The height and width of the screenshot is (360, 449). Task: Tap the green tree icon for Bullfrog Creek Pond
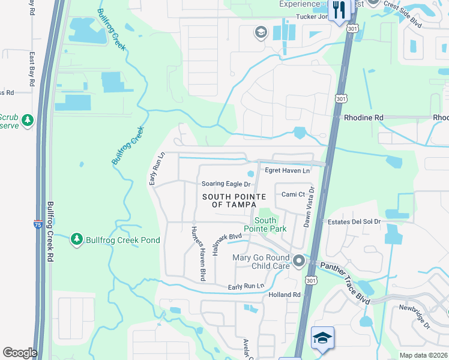click(77, 240)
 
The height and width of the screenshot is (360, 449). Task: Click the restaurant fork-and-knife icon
click(340, 10)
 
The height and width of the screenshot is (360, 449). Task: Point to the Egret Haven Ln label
click(288, 170)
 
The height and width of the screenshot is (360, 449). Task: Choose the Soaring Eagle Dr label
click(225, 184)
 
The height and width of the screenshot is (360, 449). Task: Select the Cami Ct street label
click(294, 194)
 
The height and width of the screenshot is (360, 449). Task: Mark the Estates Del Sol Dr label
click(354, 221)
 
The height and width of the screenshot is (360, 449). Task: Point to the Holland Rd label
click(284, 295)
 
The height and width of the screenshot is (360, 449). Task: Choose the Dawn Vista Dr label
click(308, 206)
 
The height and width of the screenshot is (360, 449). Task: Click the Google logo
click(20, 353)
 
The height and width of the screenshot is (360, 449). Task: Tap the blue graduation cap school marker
click(323, 338)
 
